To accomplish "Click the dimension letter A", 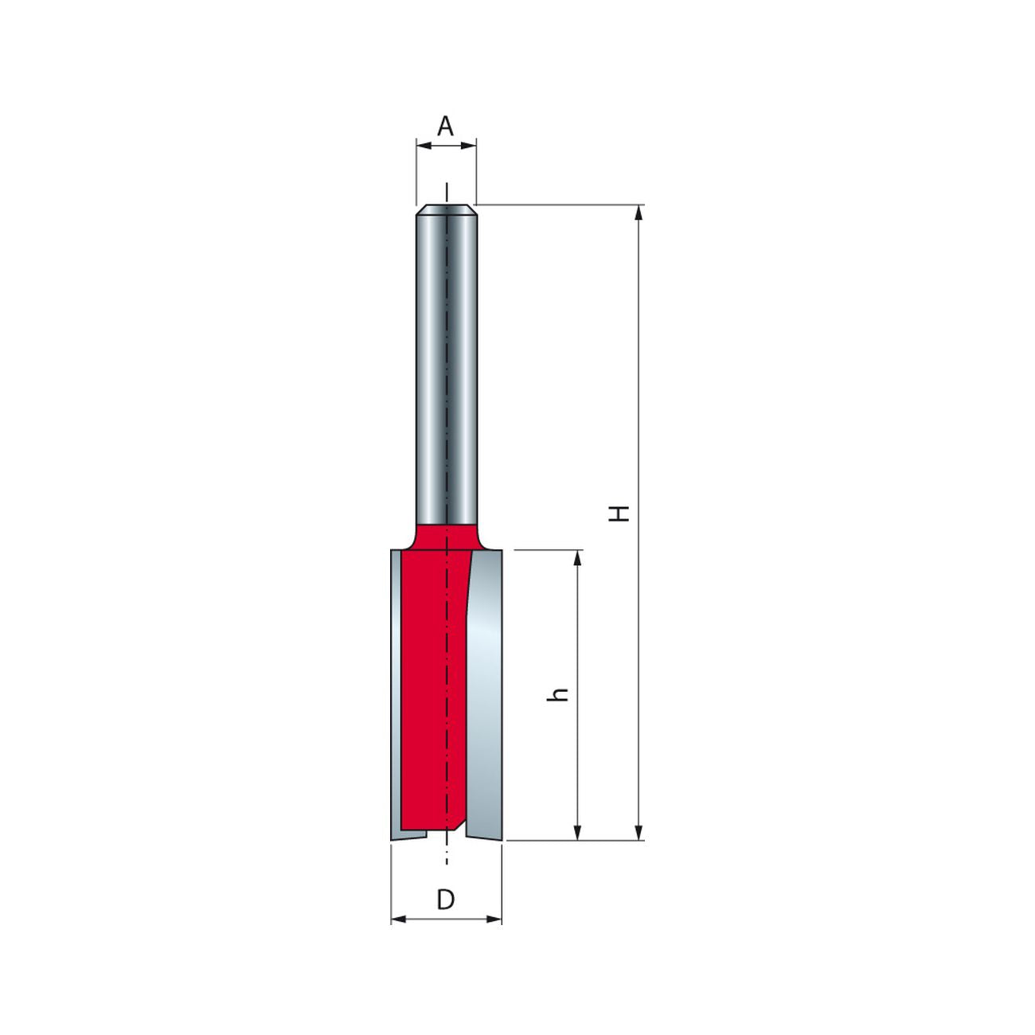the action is tap(445, 127).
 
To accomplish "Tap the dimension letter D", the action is tap(445, 900).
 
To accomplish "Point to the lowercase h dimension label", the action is tap(557, 695).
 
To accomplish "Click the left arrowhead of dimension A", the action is tap(424, 145).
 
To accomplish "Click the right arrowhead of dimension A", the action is tap(469, 145).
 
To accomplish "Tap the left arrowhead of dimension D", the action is tap(399, 920).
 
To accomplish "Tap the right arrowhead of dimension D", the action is tap(494, 920).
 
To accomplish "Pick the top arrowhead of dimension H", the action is tap(638, 213).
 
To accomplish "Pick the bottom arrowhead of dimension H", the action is tap(638, 832).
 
